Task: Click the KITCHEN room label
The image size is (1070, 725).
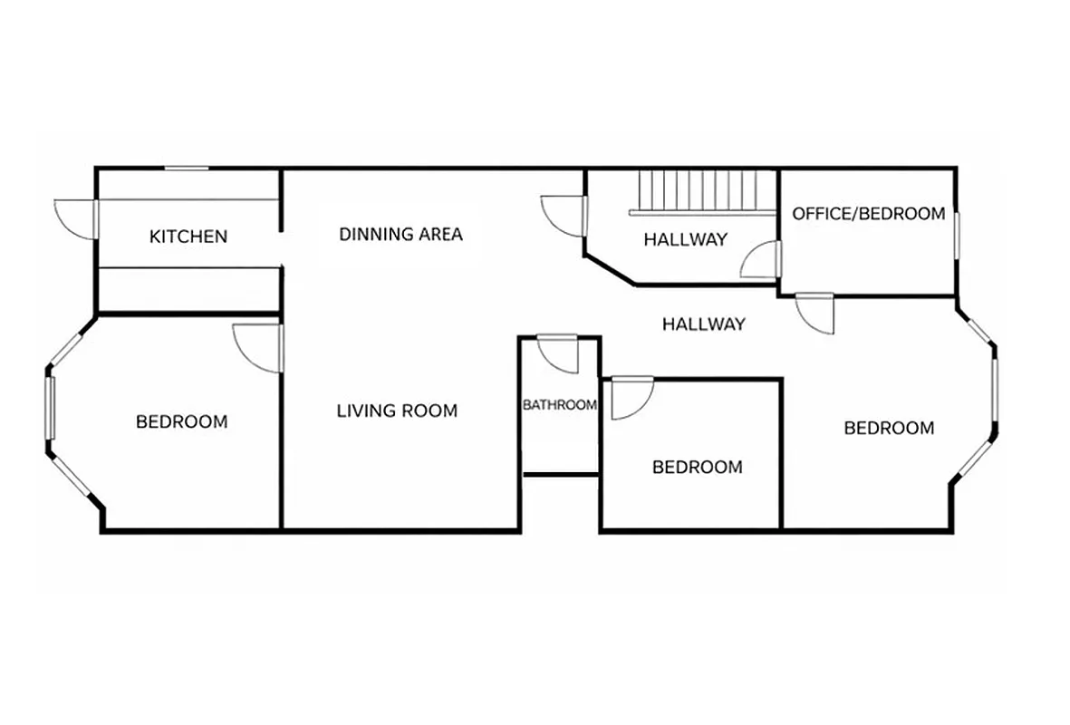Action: point(188,237)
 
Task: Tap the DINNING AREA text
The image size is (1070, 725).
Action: point(400,235)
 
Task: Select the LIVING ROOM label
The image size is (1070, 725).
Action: point(397,411)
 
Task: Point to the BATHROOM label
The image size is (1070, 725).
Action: point(560,405)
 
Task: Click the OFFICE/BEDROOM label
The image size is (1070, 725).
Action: point(868,214)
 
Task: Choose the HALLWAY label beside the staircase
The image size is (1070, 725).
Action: point(685,240)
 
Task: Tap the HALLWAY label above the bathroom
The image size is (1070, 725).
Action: point(703,324)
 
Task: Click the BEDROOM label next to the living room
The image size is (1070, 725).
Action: point(181,421)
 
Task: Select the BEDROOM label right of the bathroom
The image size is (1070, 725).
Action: point(697,468)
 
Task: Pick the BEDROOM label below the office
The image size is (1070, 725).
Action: point(888,428)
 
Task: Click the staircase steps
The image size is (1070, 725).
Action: point(698,190)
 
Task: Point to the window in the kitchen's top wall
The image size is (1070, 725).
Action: point(187,169)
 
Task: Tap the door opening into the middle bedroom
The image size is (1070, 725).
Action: point(631,399)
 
